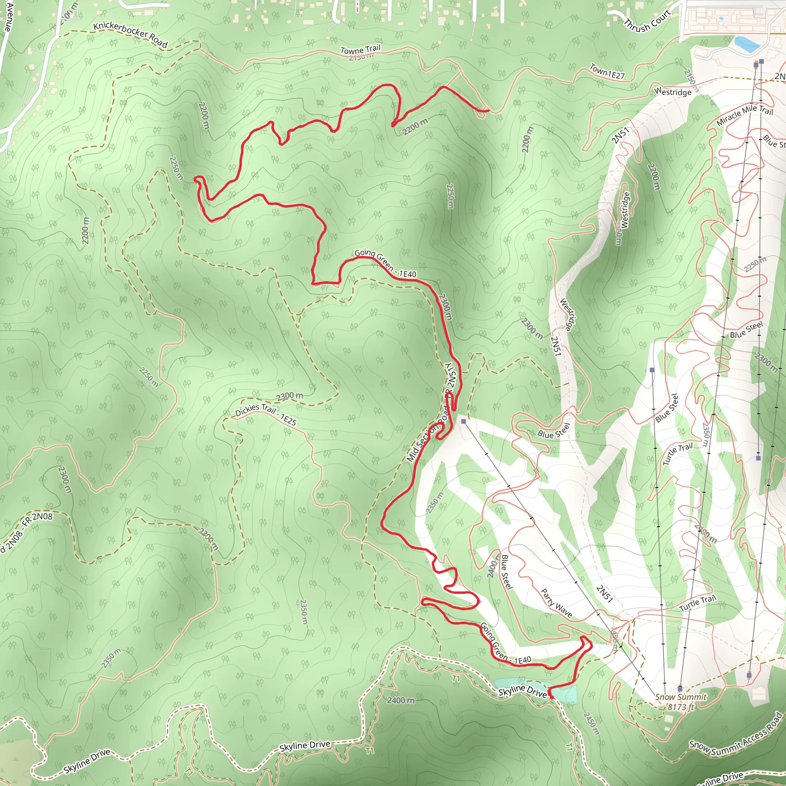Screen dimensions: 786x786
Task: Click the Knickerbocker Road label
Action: coord(130,35)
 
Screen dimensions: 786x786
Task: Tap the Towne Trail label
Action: coord(360,50)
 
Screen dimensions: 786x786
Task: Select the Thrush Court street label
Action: coord(647,21)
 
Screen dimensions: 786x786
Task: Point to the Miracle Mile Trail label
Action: coord(744,115)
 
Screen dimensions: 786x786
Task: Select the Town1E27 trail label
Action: coord(607,72)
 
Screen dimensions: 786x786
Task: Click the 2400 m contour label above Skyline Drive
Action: coord(401,700)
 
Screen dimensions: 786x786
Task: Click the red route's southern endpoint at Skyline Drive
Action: coord(552,697)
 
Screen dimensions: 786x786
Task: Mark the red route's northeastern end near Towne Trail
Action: coord(488,110)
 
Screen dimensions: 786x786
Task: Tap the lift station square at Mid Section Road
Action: coord(463,421)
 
